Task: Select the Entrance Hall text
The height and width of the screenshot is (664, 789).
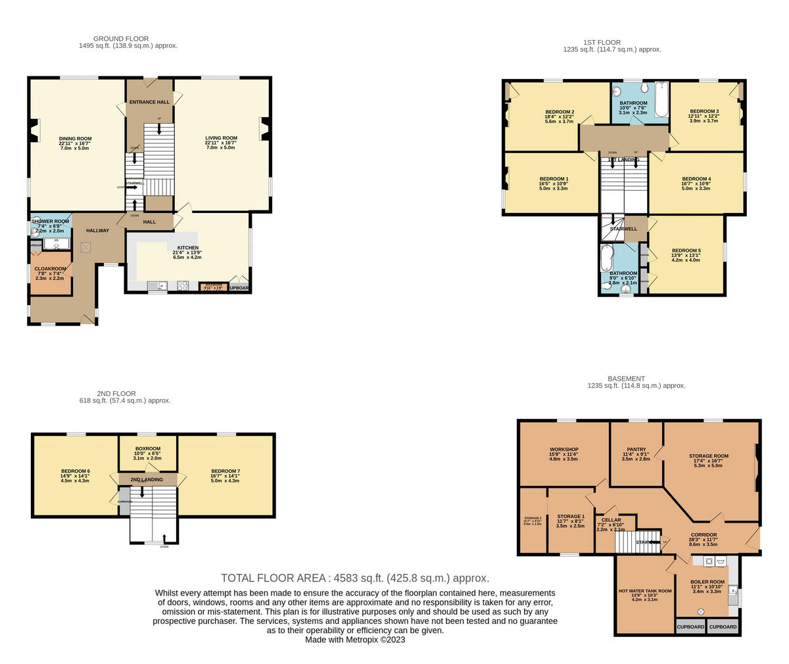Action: click(x=149, y=102)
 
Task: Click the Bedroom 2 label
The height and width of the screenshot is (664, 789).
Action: click(x=560, y=112)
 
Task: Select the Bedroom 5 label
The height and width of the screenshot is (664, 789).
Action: click(x=686, y=251)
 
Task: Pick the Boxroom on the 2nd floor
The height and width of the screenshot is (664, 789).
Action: click(x=147, y=449)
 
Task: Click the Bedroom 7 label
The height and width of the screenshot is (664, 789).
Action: click(x=226, y=471)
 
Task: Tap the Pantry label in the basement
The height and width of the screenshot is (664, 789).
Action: click(x=636, y=450)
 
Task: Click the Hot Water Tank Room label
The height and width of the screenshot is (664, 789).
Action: click(x=645, y=591)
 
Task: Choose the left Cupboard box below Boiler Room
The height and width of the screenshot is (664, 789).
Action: click(x=690, y=627)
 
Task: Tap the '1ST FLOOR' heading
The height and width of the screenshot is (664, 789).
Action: click(x=611, y=43)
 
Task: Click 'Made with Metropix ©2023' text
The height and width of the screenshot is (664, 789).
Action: click(x=355, y=639)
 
